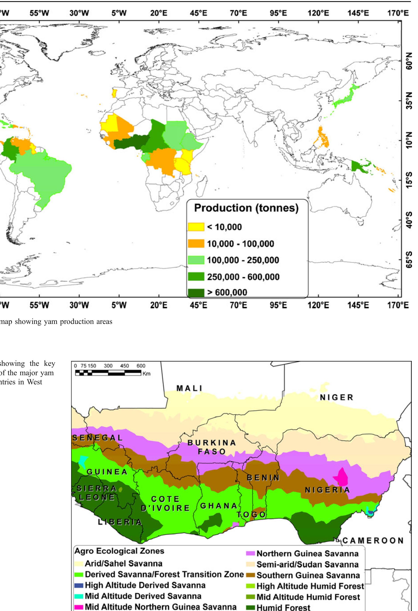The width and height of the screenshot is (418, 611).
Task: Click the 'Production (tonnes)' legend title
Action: click(x=246, y=208)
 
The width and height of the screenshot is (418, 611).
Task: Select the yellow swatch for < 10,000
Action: click(x=196, y=227)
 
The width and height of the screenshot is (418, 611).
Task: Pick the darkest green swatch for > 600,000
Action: click(x=196, y=292)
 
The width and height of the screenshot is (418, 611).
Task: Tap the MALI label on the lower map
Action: click(x=189, y=388)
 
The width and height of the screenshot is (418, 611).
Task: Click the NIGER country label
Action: click(x=337, y=398)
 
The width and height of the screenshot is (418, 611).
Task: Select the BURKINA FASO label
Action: click(x=212, y=447)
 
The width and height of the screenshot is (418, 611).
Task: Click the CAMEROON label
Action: click(x=373, y=541)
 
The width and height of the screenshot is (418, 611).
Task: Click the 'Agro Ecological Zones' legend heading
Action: click(x=119, y=551)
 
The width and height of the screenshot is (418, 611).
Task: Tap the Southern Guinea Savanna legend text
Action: click(x=308, y=576)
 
